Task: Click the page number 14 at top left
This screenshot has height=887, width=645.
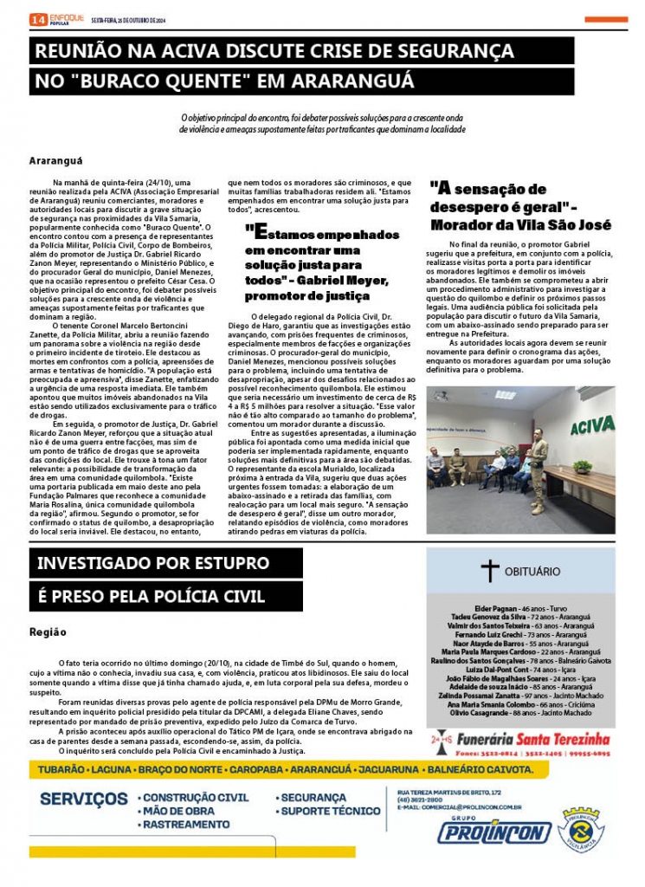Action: [x=37, y=19]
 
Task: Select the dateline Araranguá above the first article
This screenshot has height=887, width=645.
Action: [x=55, y=161]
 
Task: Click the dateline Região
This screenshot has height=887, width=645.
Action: [x=48, y=631]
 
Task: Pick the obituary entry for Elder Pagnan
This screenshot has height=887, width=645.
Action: [x=519, y=609]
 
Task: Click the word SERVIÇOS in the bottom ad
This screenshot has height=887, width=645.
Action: [x=83, y=798]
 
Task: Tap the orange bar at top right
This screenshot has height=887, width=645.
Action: [x=606, y=19]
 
